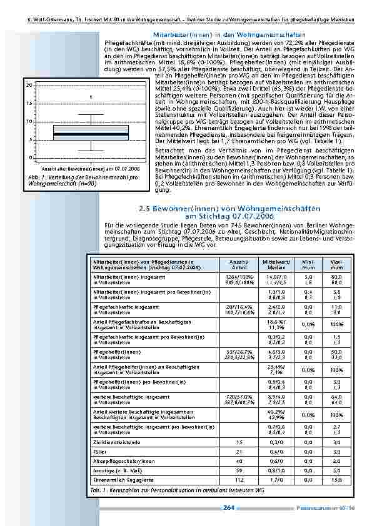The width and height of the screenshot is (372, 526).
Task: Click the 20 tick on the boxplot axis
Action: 29,84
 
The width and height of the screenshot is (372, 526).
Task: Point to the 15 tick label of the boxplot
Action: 29,102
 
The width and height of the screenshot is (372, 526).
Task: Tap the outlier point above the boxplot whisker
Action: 91,96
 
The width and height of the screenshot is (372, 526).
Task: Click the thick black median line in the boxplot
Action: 91,134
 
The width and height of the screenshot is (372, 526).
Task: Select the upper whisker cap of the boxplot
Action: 91,114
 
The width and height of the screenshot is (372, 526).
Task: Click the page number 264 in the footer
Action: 228,508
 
